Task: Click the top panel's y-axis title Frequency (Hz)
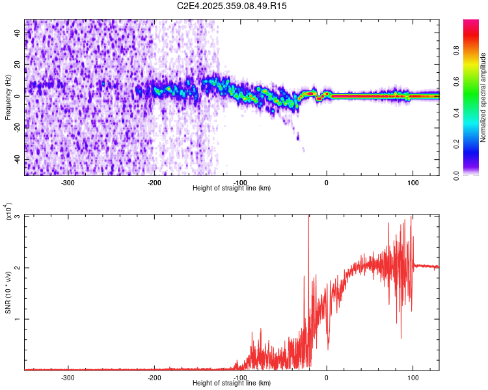click(x=8, y=97)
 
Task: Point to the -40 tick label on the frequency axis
click(x=16, y=159)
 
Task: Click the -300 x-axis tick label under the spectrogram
click(x=68, y=183)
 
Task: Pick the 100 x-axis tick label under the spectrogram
click(x=413, y=183)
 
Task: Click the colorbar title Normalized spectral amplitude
click(x=483, y=97)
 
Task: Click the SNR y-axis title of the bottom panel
click(x=8, y=292)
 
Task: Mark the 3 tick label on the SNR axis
click(x=18, y=216)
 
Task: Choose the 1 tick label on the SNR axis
click(x=18, y=319)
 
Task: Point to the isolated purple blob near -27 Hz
click(x=298, y=136)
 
